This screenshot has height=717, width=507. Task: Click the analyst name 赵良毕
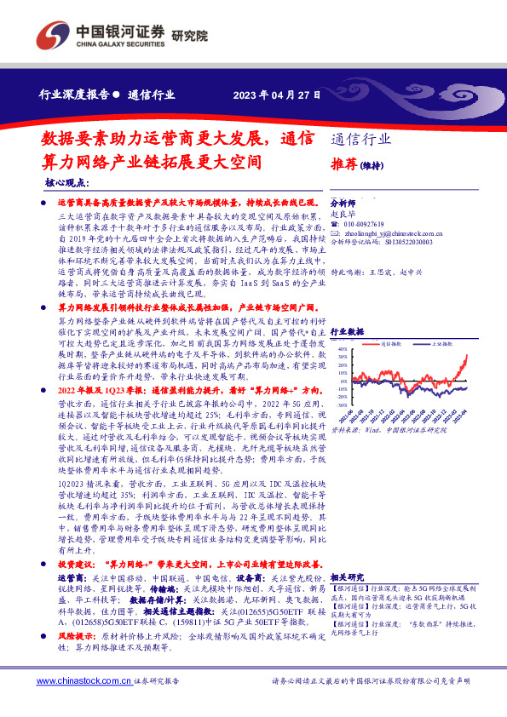point(341,215)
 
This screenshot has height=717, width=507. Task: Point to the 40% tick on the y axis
point(342,349)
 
